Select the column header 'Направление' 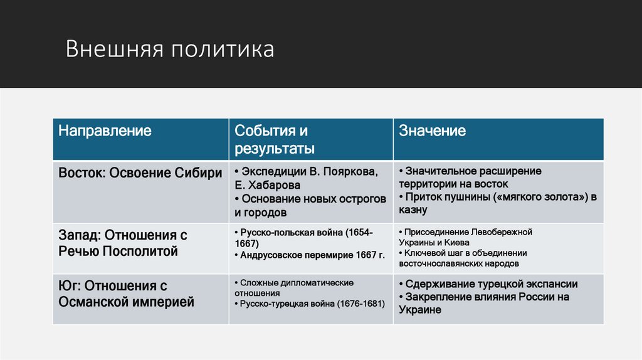105,131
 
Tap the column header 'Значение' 433,131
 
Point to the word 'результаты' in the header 275,149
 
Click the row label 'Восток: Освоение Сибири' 140,173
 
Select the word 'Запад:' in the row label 80,235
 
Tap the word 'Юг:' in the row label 70,286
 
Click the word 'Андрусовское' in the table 271,255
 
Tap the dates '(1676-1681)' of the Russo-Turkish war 360,304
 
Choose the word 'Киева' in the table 456,242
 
